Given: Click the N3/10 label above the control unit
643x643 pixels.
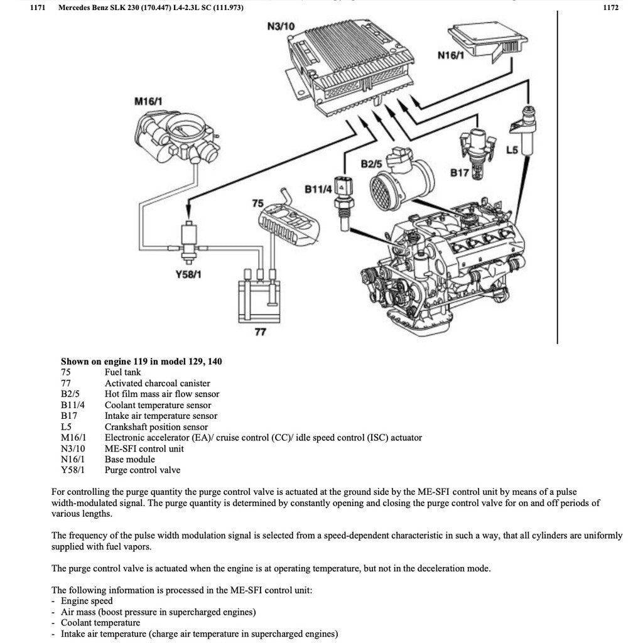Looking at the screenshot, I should coord(281,27).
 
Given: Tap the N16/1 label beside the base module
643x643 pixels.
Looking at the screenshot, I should coord(450,55).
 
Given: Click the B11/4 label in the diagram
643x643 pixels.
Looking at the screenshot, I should coord(318,188).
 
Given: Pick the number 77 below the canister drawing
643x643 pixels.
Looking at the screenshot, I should coord(260,332).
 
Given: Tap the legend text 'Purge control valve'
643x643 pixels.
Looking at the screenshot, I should coord(142,470).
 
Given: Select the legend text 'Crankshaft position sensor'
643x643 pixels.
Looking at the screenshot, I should coord(156,426).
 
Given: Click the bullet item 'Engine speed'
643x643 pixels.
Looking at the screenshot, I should coord(87,601).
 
